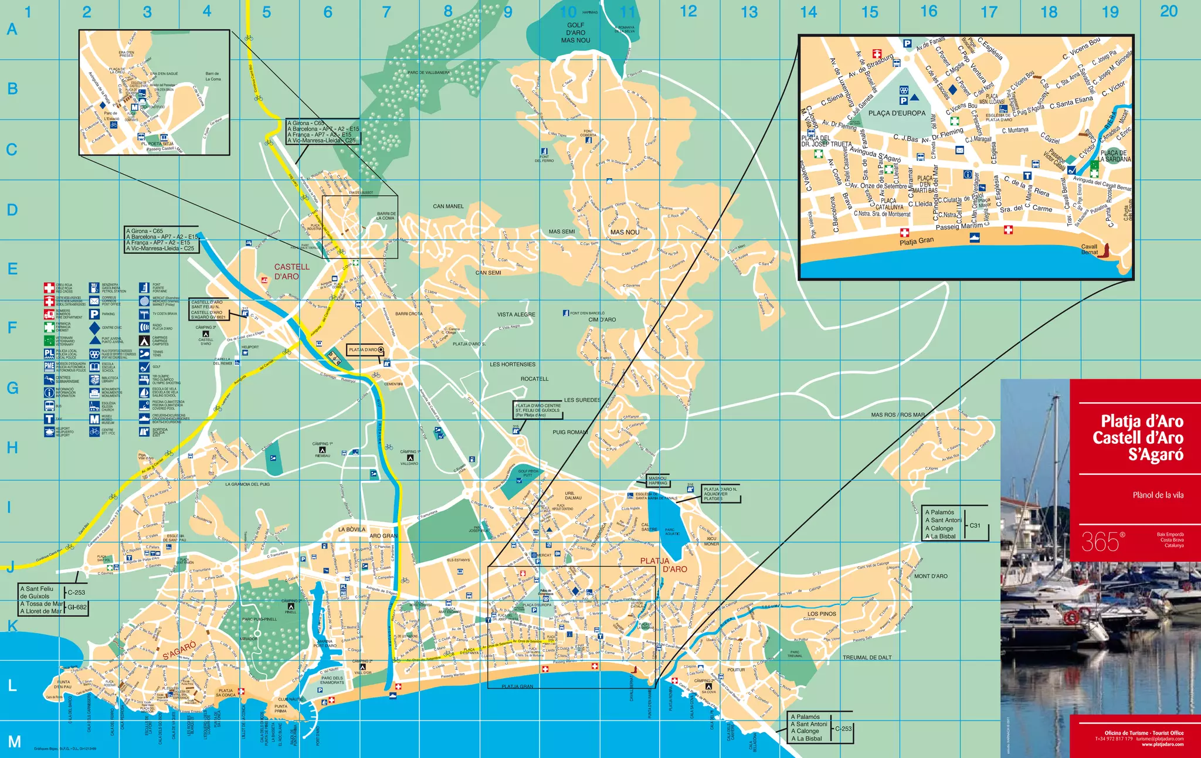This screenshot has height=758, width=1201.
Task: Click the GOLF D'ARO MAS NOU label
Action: [x=575, y=33]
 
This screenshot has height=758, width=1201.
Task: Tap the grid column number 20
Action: [x=1168, y=11]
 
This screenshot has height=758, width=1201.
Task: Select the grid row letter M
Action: [x=14, y=742]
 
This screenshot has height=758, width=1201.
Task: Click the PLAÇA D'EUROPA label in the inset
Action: [x=897, y=113]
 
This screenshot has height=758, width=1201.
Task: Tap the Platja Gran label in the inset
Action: [x=917, y=241]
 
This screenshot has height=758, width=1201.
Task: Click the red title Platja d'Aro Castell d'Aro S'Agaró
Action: [x=1138, y=437]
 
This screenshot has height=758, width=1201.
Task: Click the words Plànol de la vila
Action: [x=1158, y=495]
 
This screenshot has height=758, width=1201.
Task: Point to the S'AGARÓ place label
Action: [x=179, y=650]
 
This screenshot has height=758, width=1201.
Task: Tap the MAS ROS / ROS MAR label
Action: [x=897, y=414]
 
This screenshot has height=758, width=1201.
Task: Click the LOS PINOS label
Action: [x=822, y=614]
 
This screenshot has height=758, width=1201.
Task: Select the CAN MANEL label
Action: [x=448, y=206]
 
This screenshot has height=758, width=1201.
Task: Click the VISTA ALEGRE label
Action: [x=516, y=315]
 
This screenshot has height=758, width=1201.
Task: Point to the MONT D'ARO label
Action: [x=931, y=576]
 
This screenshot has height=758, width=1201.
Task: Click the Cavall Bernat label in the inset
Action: [x=1089, y=249]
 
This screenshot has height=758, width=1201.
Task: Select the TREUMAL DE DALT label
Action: [x=867, y=658]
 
